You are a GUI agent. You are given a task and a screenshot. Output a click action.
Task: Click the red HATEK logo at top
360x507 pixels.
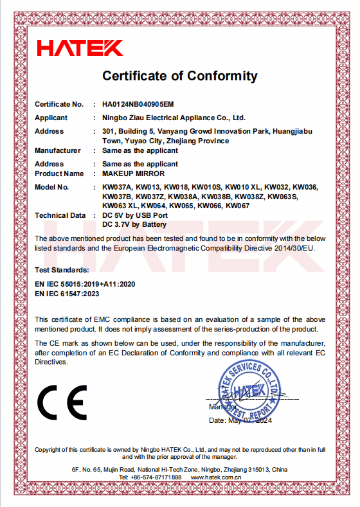point(80,47)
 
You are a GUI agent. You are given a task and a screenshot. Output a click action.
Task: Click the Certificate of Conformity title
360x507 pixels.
point(179,76)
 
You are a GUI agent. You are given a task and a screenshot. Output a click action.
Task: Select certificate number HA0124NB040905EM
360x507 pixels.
point(138,103)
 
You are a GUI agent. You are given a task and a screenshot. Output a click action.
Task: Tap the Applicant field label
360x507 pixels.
point(51,118)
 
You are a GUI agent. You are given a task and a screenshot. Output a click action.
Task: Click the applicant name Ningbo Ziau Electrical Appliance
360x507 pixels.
point(174,118)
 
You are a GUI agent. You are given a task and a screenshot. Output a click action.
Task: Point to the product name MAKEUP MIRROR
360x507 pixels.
point(134,173)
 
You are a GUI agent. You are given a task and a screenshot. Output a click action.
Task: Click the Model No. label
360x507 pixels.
point(51,187)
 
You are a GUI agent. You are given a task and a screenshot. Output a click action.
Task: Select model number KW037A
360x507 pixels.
point(117,187)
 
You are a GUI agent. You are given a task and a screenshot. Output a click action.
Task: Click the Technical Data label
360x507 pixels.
point(60,215)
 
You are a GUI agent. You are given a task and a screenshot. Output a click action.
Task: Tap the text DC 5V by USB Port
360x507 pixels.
point(135,215)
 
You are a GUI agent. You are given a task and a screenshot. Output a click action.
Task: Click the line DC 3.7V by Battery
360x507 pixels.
point(134,224)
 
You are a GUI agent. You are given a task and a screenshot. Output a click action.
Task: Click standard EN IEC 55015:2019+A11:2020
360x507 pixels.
point(85,283)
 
